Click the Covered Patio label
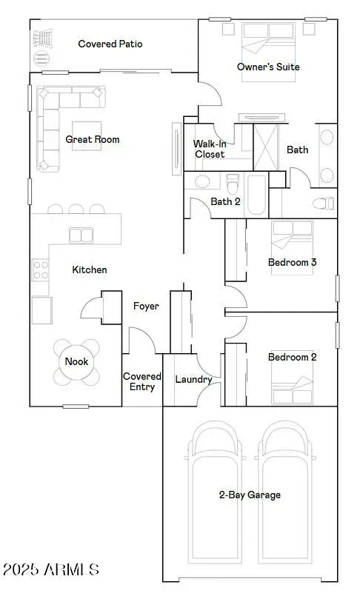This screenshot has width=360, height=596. click(x=110, y=44)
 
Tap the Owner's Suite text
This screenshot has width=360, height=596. click(x=268, y=67)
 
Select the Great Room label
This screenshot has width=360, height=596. click(x=93, y=139)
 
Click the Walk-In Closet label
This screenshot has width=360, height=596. click(x=210, y=149)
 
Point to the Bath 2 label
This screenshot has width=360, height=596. click(x=225, y=201)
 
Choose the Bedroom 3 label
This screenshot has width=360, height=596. click(x=293, y=262)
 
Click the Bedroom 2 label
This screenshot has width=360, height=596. click(x=293, y=357)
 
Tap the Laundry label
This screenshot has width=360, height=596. click(x=193, y=380)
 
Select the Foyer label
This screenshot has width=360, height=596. click(x=146, y=306)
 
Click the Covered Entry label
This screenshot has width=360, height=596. click(x=139, y=381)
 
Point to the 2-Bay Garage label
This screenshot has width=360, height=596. click(x=250, y=495)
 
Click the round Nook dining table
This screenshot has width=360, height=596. click(x=76, y=362)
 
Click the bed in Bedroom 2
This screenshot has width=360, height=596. click(x=292, y=387)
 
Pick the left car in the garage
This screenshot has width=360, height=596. click(x=216, y=489)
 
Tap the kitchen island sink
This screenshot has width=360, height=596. click(x=76, y=235)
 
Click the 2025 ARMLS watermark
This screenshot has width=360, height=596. click(x=51, y=569)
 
